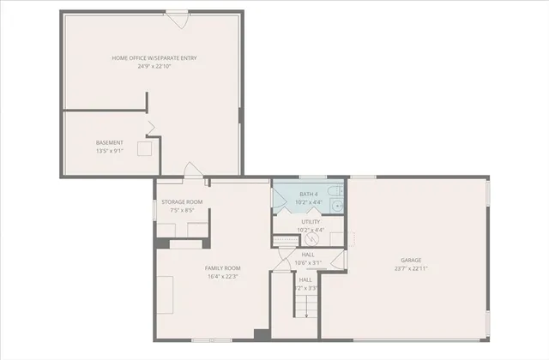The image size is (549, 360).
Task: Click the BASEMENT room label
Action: (109, 142)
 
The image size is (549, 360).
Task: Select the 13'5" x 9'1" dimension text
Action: (109, 151)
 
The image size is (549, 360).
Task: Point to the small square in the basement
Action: (147, 147)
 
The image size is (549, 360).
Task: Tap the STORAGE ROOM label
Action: (182, 202)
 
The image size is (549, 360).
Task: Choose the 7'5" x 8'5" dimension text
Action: (182, 210)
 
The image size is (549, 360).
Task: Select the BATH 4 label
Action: (310, 195)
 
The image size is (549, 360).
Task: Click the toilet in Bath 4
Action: (339, 191)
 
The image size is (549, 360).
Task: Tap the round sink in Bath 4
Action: (338, 207)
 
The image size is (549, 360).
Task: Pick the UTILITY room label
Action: (310, 221)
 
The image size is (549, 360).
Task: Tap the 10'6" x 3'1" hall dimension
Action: (306, 262)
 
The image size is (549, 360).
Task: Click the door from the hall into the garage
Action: (337, 261)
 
